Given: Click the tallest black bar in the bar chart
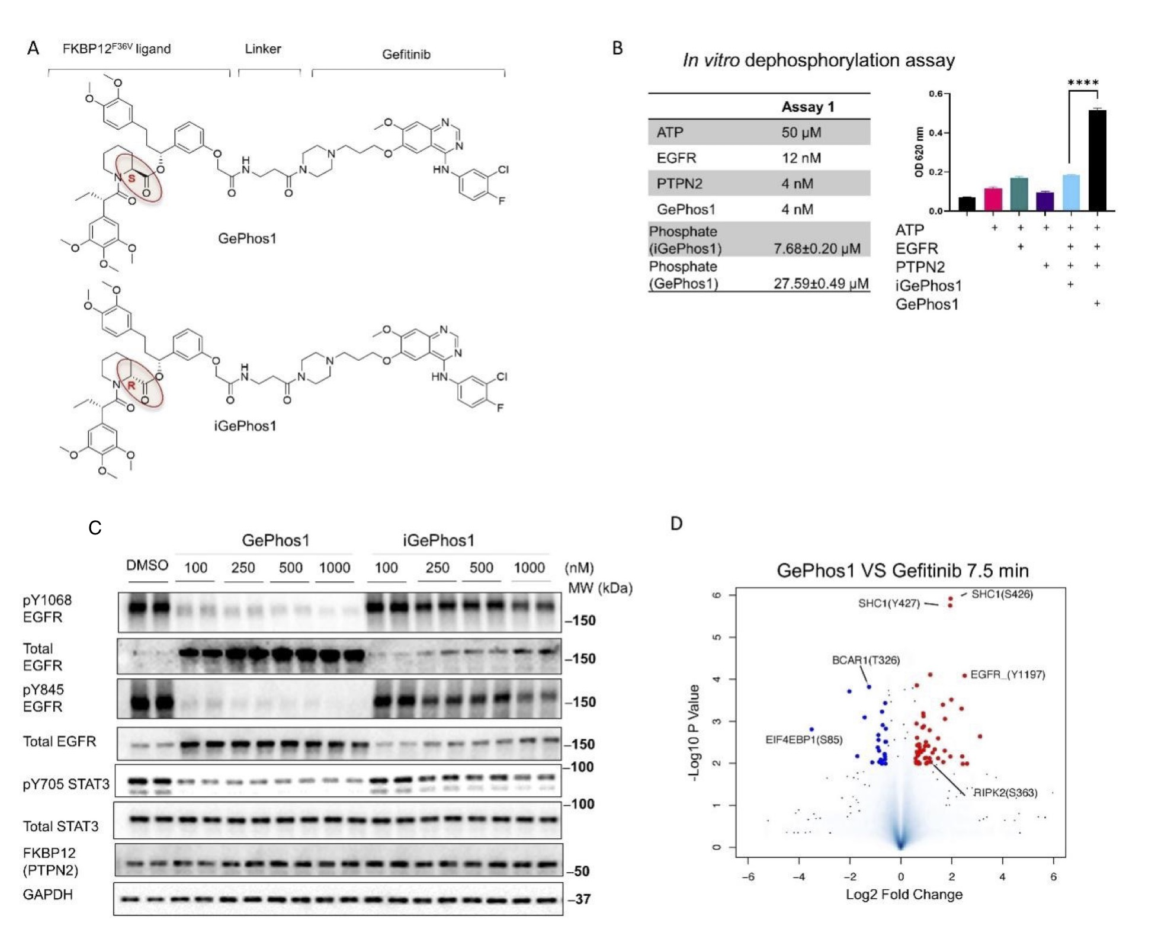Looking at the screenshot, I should click(x=1097, y=160).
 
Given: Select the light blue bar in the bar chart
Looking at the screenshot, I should click(x=1071, y=193).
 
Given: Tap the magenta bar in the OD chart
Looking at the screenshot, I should click(x=993, y=199).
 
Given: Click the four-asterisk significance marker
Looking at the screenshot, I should click(x=1083, y=83).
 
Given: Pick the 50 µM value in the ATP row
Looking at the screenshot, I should click(x=801, y=132).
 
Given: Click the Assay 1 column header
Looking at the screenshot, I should click(x=807, y=107).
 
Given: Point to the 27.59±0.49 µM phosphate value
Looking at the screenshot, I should click(x=821, y=283).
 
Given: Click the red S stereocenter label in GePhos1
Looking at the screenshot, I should click(x=131, y=178).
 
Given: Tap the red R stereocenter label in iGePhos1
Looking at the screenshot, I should click(x=131, y=385).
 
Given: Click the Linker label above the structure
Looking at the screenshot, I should click(x=263, y=49).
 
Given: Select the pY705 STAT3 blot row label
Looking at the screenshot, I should click(x=66, y=784).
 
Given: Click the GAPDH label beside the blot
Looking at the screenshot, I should click(x=47, y=894).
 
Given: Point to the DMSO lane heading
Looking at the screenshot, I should click(x=147, y=565).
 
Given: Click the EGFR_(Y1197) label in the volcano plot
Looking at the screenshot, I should click(x=1008, y=674).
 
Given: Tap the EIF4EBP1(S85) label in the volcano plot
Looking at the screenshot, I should click(x=804, y=739).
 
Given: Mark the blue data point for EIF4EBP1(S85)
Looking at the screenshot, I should click(x=811, y=729).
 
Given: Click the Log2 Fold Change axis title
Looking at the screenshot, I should click(x=904, y=894).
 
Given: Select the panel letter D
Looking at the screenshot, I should click(x=676, y=523).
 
